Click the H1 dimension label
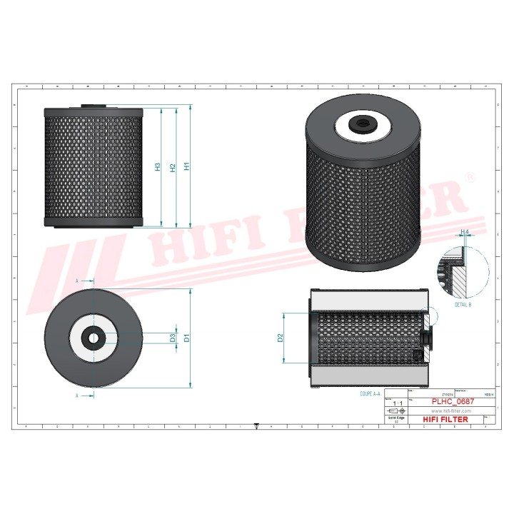187,166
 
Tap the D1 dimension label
186,338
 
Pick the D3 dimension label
172,338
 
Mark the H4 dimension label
465,233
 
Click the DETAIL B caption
463,305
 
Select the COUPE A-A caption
371,393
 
